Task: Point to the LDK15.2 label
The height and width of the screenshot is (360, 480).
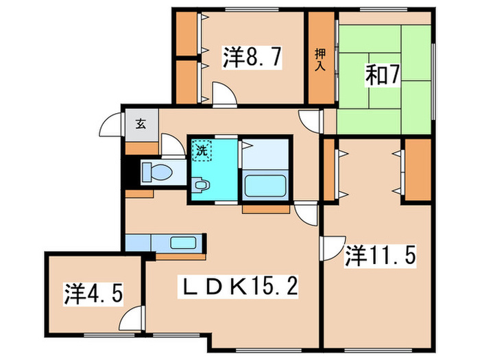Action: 241,283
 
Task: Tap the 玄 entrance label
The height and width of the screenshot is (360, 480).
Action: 140,124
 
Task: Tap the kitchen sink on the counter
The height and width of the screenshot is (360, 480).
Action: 183,242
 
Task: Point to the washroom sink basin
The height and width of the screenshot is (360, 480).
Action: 201,184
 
